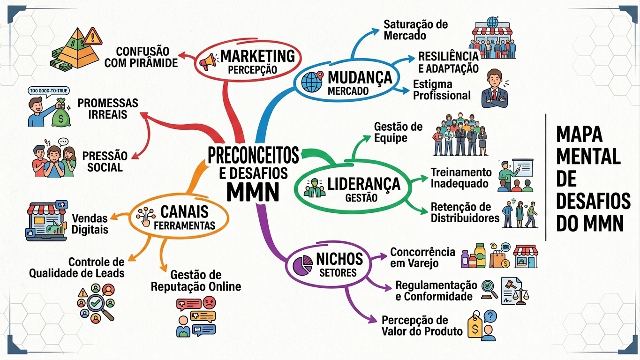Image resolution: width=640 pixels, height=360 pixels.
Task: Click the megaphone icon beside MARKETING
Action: (x=208, y=61)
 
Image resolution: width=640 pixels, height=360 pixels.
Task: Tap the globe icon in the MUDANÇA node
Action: (x=311, y=82)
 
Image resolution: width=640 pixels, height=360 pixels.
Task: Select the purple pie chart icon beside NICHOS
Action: (x=302, y=265)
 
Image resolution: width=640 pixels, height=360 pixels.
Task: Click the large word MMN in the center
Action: (x=253, y=191)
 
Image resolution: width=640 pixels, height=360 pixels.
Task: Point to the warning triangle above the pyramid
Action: (x=92, y=37)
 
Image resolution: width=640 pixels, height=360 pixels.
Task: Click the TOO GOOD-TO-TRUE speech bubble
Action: (x=49, y=91)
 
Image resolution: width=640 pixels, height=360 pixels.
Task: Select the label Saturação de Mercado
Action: (x=415, y=30)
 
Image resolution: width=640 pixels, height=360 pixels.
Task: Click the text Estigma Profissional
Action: (x=441, y=90)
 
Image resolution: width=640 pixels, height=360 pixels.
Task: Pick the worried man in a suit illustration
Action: (x=495, y=88)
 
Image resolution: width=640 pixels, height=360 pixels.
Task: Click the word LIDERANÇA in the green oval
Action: (x=364, y=184)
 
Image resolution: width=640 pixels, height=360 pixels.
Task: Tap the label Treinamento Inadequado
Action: (x=461, y=178)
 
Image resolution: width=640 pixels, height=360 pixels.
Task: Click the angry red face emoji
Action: (x=210, y=302)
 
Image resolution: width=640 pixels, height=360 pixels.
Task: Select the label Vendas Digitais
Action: (x=90, y=224)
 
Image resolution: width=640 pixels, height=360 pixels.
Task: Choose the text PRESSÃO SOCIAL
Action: (x=105, y=162)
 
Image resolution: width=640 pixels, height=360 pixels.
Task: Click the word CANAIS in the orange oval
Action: (x=185, y=212)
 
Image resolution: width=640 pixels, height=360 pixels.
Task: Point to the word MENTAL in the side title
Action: (x=588, y=157)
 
